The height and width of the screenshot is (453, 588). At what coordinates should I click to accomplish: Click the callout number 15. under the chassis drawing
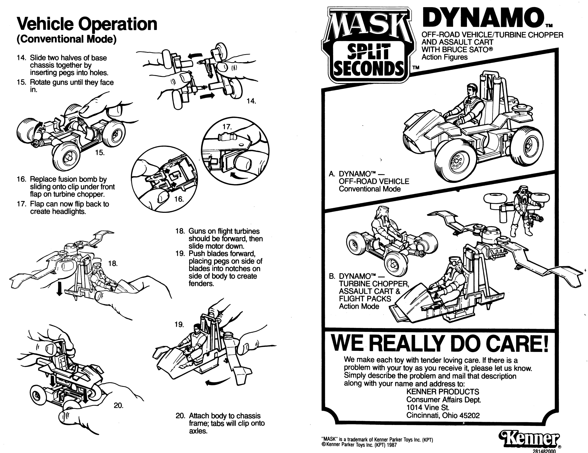click(x=100, y=153)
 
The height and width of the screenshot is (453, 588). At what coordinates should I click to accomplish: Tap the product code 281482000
click(x=544, y=451)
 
